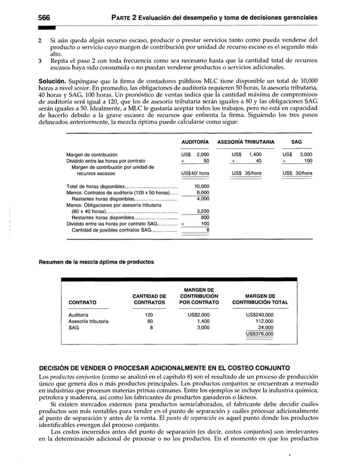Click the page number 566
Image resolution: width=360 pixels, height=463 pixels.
(x=45, y=18)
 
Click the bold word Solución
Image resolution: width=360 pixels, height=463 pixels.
(x=54, y=84)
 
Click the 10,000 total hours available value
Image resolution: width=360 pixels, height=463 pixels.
(x=201, y=186)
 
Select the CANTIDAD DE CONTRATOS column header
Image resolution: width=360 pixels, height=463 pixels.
(x=149, y=299)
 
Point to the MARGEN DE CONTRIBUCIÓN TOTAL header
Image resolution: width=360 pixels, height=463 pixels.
(x=260, y=299)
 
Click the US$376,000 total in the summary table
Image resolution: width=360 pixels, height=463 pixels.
(x=260, y=334)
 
